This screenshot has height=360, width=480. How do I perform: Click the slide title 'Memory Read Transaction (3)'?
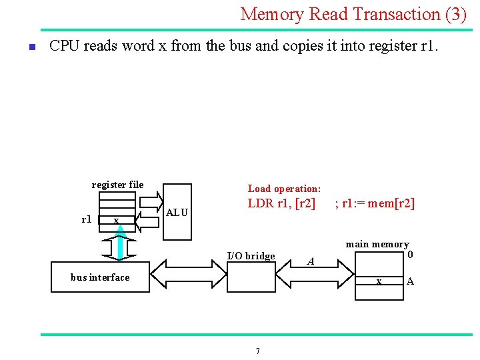click(x=353, y=14)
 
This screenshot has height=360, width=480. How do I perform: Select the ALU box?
click(x=177, y=212)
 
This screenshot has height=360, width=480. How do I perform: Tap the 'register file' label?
click(x=117, y=185)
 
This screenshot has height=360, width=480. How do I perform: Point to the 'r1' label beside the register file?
click(x=87, y=219)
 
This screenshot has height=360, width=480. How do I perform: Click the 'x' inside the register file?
click(x=116, y=221)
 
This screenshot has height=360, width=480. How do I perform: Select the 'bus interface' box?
click(x=100, y=277)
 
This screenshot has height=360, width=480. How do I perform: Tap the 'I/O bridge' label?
click(x=251, y=256)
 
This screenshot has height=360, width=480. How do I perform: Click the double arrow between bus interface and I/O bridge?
click(x=188, y=273)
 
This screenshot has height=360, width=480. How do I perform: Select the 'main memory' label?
click(x=377, y=245)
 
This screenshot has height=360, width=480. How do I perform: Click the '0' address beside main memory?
click(x=410, y=255)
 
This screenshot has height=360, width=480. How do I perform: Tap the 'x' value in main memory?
click(x=379, y=281)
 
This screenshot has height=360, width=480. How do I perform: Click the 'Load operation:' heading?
click(x=284, y=189)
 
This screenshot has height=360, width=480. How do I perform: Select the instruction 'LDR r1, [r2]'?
click(x=281, y=203)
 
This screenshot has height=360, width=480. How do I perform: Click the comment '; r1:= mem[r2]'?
click(x=375, y=203)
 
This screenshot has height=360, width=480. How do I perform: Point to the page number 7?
click(x=258, y=351)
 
